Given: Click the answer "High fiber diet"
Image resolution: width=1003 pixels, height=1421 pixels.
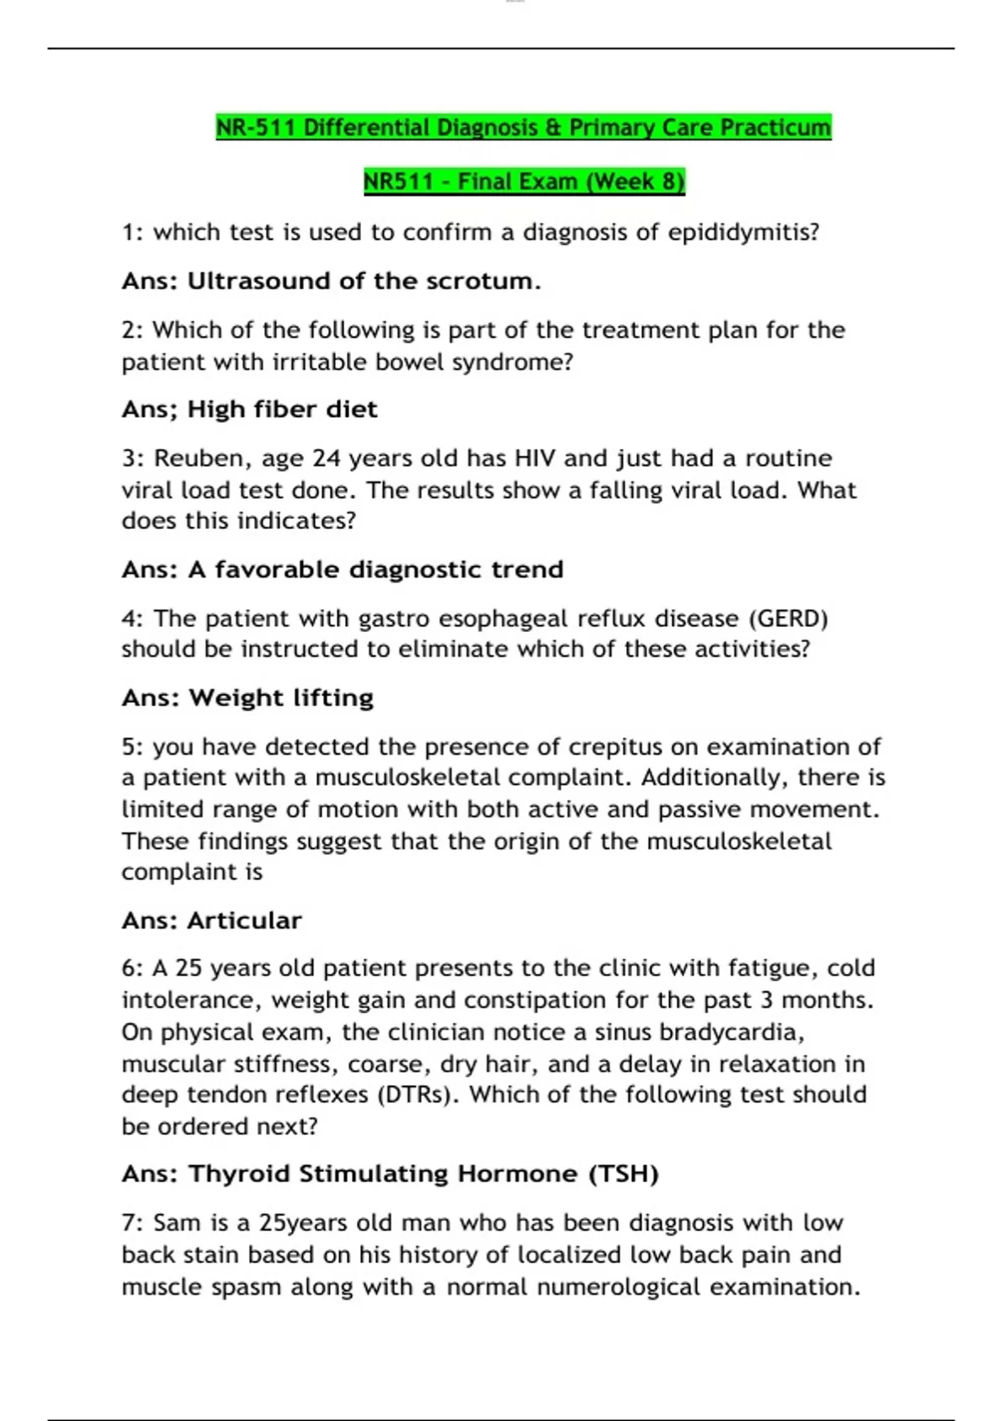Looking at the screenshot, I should pyautogui.click(x=283, y=410).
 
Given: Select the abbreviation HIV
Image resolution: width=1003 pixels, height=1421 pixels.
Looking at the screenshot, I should pyautogui.click(x=535, y=458).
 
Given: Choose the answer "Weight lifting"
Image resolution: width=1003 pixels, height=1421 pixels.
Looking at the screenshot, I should pyautogui.click(x=281, y=698).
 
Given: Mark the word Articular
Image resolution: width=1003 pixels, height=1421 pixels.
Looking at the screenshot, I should pyautogui.click(x=244, y=921).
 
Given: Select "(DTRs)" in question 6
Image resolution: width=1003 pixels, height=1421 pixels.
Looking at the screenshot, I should pyautogui.click(x=418, y=1095).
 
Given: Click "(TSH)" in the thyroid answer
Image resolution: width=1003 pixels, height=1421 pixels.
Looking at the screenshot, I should pyautogui.click(x=624, y=1174).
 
